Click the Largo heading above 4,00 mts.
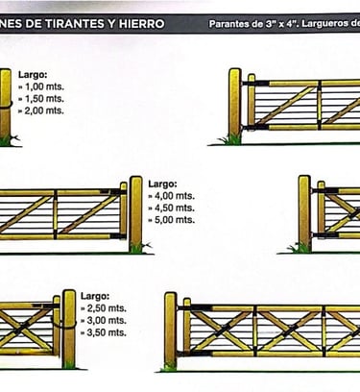[x=162, y=184]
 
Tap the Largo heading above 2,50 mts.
[x=95, y=296]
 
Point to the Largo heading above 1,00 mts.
[x=33, y=75]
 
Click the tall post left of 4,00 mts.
[x=135, y=214]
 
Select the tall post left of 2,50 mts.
[x=69, y=329]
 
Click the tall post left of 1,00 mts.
[x=5, y=107]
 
